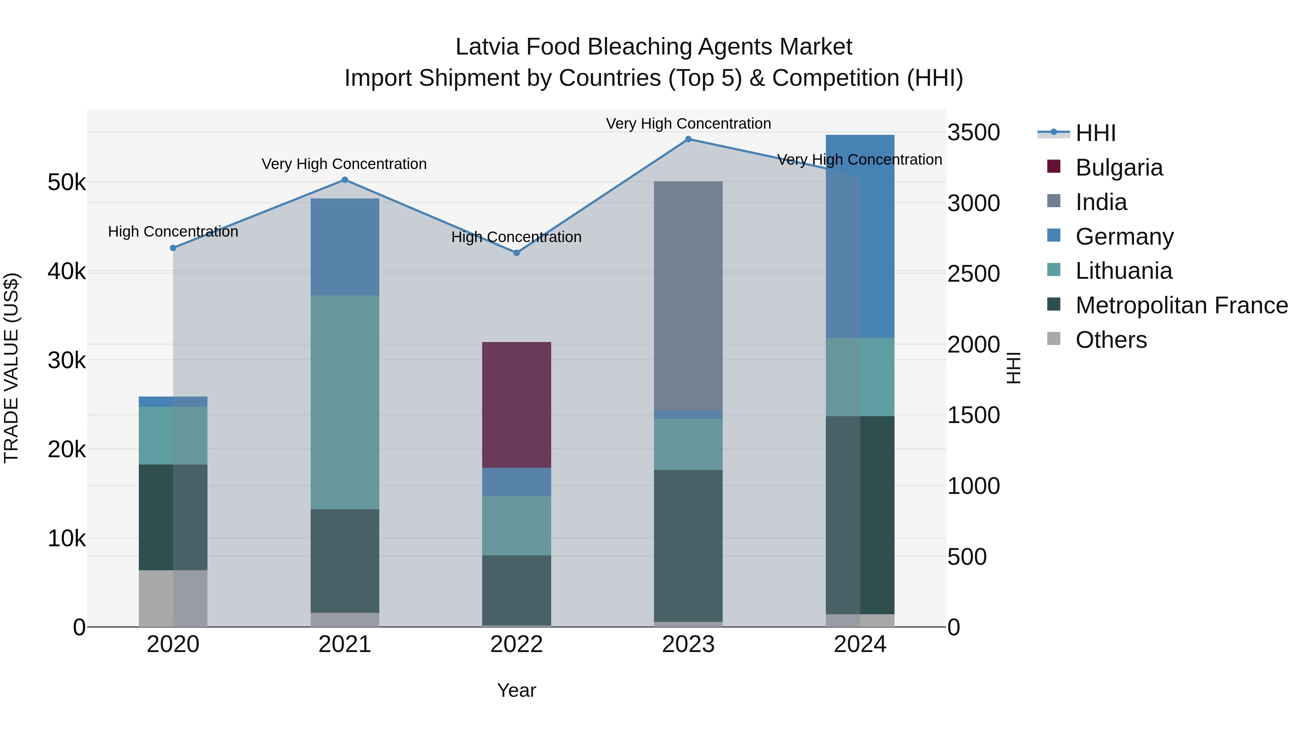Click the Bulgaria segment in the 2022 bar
pos(516,405)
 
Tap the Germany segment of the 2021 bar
pos(345,247)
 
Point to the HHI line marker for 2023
pos(688,139)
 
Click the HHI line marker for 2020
pos(173,248)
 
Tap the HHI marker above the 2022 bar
pos(516,253)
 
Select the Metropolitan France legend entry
pos(1181,305)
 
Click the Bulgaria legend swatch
pos(1054,166)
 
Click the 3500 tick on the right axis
pos(973,133)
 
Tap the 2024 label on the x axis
pos(860,644)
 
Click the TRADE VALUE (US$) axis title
pos(11,368)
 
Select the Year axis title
pos(516,690)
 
